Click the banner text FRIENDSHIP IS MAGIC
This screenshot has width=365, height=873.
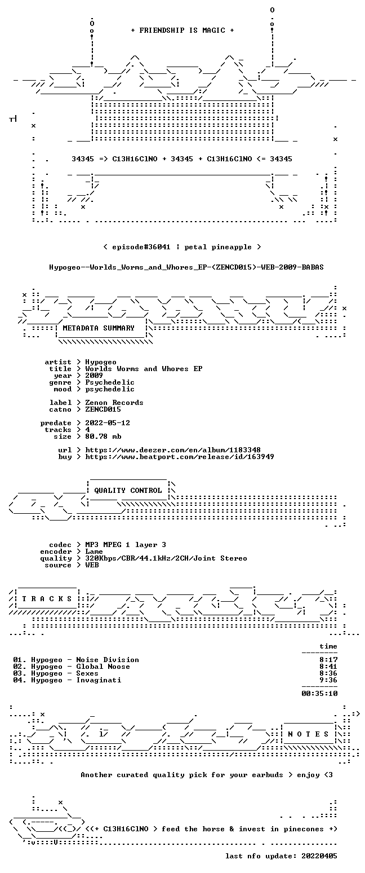[x=182, y=30]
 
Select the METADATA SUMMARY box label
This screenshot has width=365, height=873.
[x=99, y=328]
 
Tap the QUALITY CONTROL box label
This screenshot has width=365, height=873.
[x=128, y=490]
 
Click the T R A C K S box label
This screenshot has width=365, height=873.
[x=47, y=598]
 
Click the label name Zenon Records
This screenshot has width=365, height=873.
[x=114, y=403]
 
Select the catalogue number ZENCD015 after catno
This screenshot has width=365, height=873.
[x=103, y=409]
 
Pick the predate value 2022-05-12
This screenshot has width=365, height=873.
[x=108, y=423]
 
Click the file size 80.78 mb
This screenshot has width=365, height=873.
[x=103, y=436]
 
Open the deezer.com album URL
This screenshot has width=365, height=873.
[x=173, y=449]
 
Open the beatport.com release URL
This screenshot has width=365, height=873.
[x=179, y=457]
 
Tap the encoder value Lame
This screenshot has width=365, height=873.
[x=94, y=552]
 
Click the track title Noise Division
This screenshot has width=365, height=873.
[x=108, y=660]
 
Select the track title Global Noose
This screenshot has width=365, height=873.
[x=103, y=667]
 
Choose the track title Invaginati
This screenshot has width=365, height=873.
[x=99, y=680]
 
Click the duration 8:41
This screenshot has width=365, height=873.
[x=328, y=667]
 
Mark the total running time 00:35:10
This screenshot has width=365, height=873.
[x=319, y=693]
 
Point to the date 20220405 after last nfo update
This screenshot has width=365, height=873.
[x=319, y=856]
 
